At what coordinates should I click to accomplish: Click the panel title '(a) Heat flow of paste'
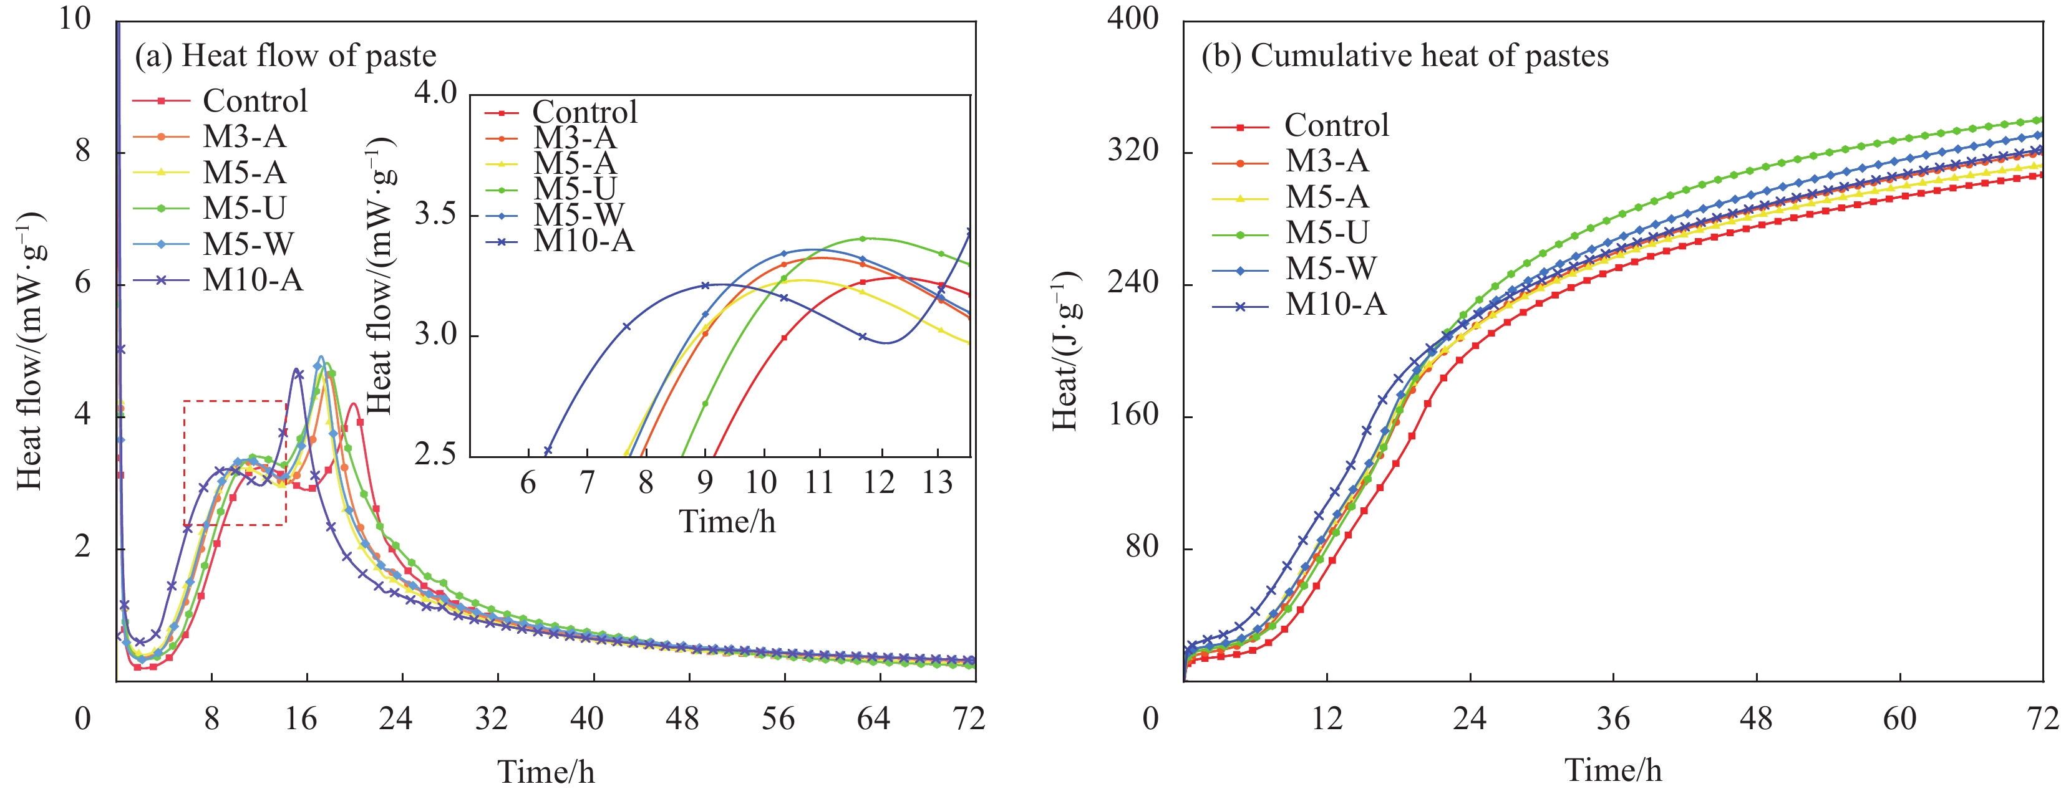pyautogui.click(x=285, y=56)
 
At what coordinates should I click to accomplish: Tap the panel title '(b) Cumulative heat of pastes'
pyautogui.click(x=1404, y=56)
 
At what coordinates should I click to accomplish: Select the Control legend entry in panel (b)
pyautogui.click(x=1336, y=125)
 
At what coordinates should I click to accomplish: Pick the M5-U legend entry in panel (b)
pyautogui.click(x=1327, y=232)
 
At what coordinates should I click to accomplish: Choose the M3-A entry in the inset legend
pyautogui.click(x=575, y=138)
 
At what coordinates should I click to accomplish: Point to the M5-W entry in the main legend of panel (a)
pyautogui.click(x=248, y=244)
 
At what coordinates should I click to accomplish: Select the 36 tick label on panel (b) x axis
pyautogui.click(x=1613, y=719)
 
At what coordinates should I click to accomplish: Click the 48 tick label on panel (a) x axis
pyautogui.click(x=682, y=719)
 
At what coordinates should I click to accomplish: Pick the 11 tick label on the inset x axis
pyautogui.click(x=818, y=483)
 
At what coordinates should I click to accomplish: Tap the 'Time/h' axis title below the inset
pyautogui.click(x=727, y=522)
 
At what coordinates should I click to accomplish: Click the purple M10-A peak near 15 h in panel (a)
pyautogui.click(x=297, y=370)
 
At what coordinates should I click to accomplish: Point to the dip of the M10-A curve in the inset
pyautogui.click(x=885, y=342)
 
